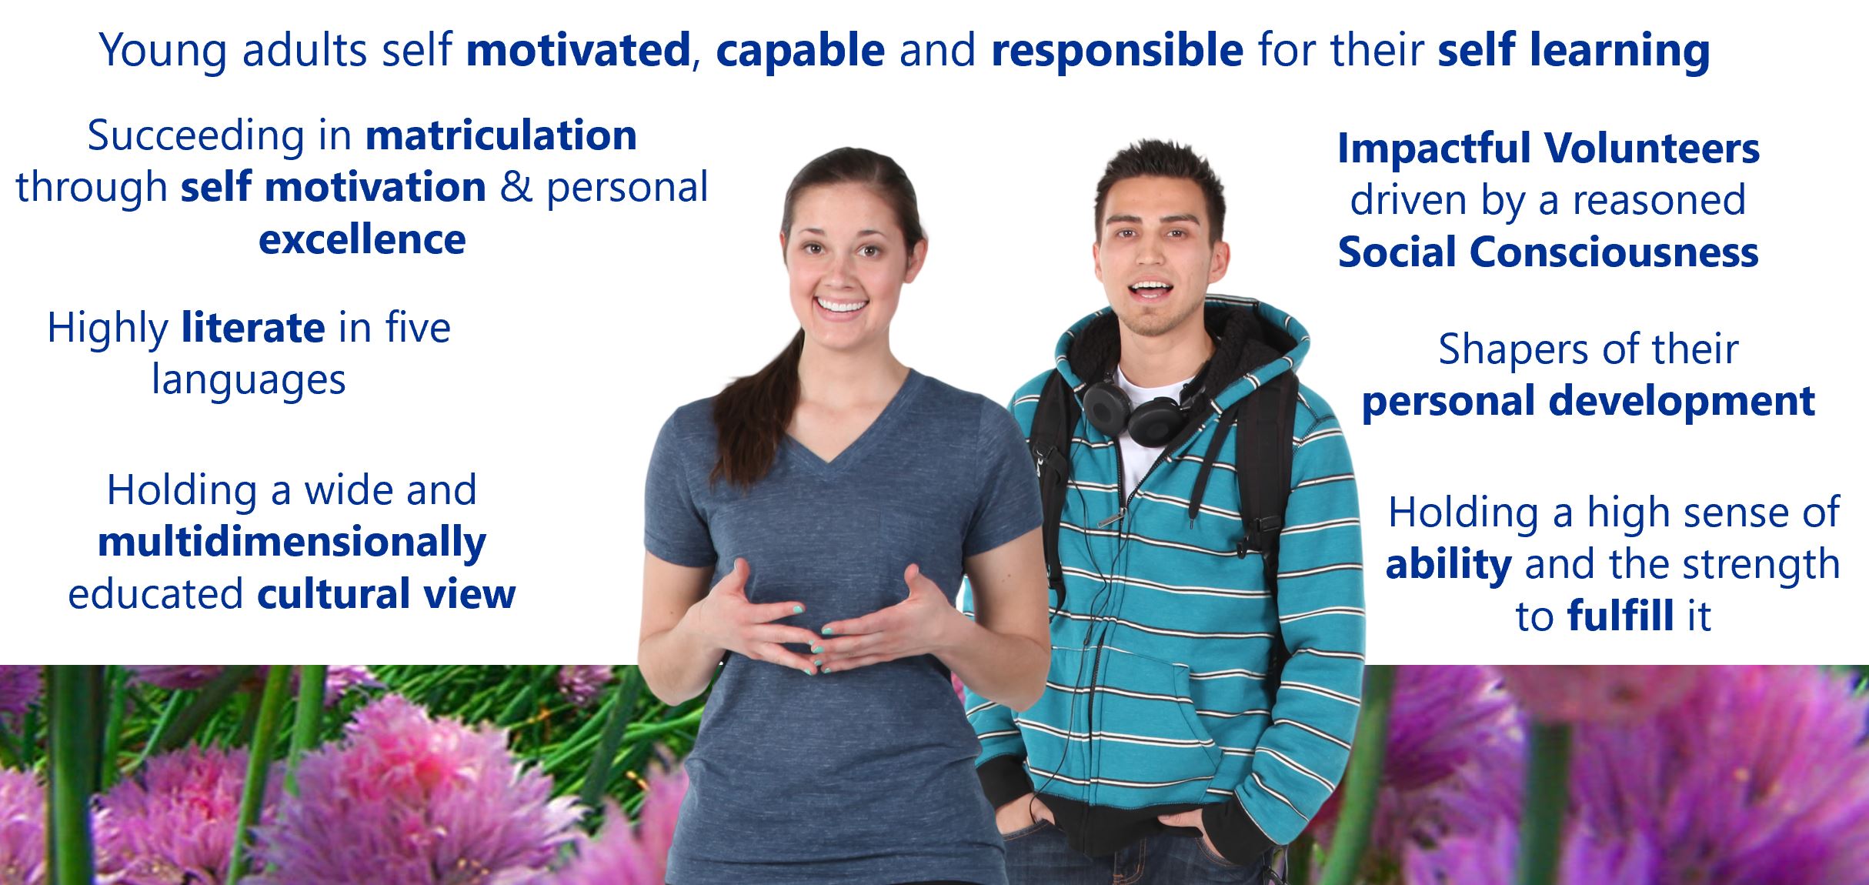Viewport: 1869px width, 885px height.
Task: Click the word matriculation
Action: point(501,136)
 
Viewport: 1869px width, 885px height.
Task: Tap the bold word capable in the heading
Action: point(800,52)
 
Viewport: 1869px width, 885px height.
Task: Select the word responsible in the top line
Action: point(1117,52)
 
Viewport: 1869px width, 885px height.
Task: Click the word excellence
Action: point(362,239)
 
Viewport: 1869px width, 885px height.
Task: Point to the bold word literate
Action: point(253,329)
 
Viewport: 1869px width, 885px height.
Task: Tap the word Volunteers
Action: point(1651,149)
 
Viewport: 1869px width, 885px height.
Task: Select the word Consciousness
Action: point(1614,252)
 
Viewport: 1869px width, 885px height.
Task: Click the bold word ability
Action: point(1448,566)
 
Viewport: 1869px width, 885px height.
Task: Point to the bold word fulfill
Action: point(1620,616)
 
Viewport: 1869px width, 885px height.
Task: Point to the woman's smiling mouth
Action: point(841,306)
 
